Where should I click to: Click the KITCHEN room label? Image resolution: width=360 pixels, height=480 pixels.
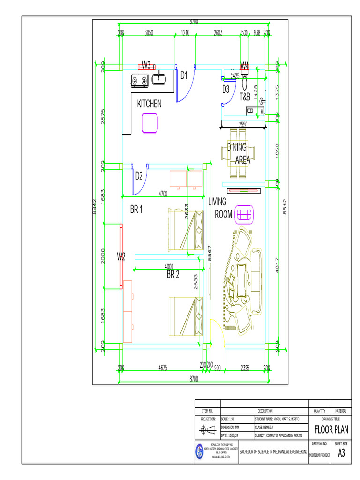tap(149, 104)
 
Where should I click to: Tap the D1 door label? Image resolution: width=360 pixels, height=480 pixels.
tap(184, 75)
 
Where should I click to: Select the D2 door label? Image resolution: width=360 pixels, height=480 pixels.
tap(139, 176)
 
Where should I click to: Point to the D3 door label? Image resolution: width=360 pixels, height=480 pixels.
tap(225, 89)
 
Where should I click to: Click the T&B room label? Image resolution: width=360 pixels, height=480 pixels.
tap(245, 97)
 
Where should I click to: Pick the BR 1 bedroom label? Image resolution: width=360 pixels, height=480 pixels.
tap(136, 210)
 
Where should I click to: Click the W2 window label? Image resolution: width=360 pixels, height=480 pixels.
tap(121, 256)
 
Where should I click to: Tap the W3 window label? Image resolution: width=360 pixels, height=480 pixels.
tap(147, 65)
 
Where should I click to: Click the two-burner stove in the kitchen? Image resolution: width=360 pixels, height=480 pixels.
tap(139, 81)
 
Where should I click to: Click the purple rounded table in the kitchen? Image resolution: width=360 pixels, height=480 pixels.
tap(150, 123)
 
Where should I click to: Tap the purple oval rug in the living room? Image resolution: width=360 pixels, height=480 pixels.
tap(244, 214)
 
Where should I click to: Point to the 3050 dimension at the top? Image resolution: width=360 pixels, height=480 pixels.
tap(149, 33)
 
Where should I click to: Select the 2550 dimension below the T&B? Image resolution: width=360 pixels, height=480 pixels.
tap(243, 124)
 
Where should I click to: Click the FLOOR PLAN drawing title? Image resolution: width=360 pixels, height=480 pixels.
tap(331, 430)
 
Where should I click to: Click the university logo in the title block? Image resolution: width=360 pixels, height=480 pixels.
tap(200, 452)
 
